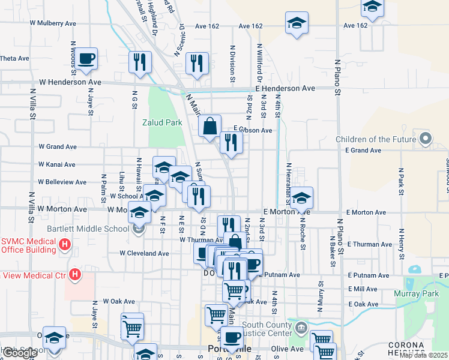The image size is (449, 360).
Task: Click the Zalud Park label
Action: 161,122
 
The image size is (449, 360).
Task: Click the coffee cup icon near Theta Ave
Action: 87,59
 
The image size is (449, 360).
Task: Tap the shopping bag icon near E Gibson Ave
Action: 210,127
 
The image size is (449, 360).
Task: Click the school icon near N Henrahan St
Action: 303,197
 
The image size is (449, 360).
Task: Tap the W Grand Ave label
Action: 58,146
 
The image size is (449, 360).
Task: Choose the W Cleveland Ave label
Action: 144,253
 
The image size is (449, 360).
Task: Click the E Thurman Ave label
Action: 369,245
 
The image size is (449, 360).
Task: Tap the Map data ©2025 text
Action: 424,355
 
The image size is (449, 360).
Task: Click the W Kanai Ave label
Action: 57,164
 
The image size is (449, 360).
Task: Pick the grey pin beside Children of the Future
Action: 426,139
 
